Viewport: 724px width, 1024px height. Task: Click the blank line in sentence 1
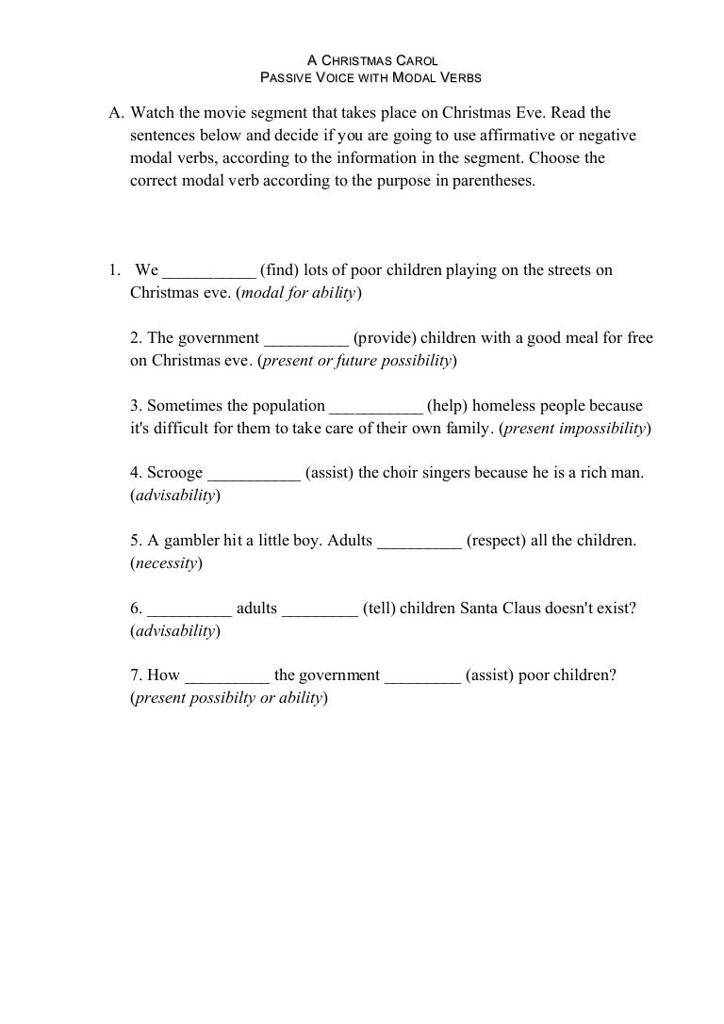coord(208,271)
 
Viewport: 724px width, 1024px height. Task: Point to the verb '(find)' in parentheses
coord(280,270)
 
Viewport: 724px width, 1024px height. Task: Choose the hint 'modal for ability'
coord(298,293)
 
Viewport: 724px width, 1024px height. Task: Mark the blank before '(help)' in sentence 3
coord(375,407)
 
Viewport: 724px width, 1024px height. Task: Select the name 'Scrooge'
coord(174,474)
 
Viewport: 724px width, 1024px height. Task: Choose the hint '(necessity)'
coord(166,564)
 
